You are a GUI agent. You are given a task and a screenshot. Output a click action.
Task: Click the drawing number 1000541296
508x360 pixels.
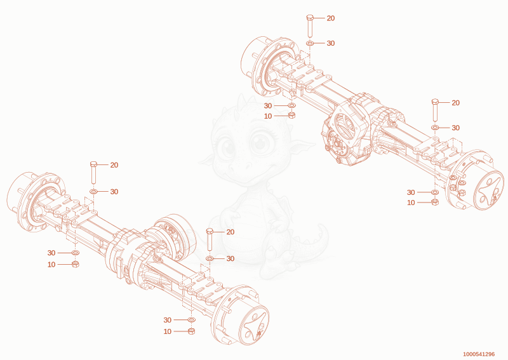(x=479, y=354)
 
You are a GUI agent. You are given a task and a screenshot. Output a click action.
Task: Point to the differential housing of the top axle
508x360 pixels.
(x=347, y=133)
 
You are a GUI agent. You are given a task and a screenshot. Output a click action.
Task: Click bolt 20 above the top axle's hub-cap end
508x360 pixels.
(x=435, y=110)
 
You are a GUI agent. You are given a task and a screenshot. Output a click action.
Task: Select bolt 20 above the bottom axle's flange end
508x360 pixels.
(x=93, y=173)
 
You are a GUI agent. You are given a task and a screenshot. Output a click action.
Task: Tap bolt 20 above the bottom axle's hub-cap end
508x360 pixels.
(x=210, y=239)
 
